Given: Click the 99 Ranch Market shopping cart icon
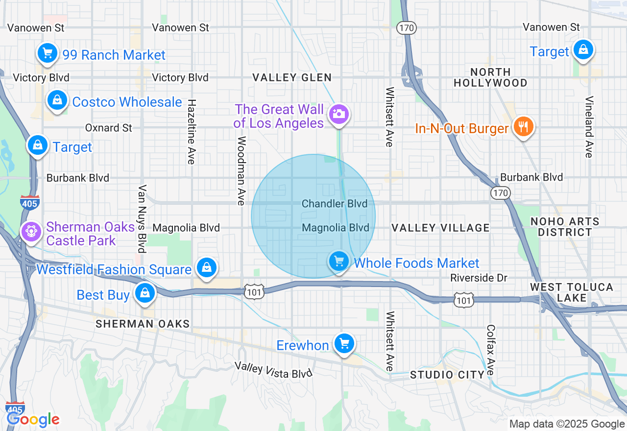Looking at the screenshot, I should pyautogui.click(x=48, y=53).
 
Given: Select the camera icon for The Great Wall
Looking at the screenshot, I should pyautogui.click(x=338, y=114).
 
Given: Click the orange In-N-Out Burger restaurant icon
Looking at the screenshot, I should pyautogui.click(x=524, y=127).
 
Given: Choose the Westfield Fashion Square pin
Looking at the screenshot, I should pyautogui.click(x=207, y=267).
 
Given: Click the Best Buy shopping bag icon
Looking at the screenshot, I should pyautogui.click(x=145, y=293).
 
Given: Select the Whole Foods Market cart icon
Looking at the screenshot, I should pyautogui.click(x=338, y=261).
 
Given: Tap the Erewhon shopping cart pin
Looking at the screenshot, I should pyautogui.click(x=344, y=343).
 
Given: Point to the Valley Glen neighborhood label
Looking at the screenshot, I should pyautogui.click(x=292, y=77).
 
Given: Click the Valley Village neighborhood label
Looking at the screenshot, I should pyautogui.click(x=440, y=228).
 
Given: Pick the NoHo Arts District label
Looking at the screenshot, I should pyautogui.click(x=565, y=227).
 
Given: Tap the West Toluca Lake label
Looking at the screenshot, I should pyautogui.click(x=572, y=292).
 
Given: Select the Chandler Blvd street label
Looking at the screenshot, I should pyautogui.click(x=335, y=204).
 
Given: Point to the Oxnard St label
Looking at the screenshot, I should pyautogui.click(x=109, y=128).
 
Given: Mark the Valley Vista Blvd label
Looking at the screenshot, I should pyautogui.click(x=273, y=370).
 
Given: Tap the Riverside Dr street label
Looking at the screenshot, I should pyautogui.click(x=479, y=278).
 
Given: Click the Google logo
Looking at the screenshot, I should pyautogui.click(x=33, y=419).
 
